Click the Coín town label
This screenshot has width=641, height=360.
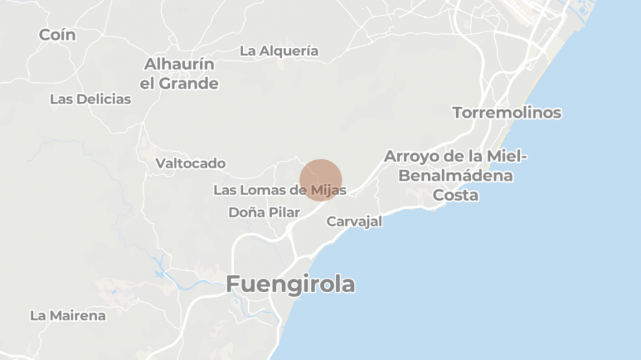click(x=57, y=35)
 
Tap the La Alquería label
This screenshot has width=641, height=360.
click(x=279, y=51)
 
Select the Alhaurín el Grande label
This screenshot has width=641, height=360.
click(x=179, y=74)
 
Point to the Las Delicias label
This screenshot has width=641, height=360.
click(x=90, y=99)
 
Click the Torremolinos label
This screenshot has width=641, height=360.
click(x=507, y=113)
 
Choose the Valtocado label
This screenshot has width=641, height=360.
click(x=190, y=164)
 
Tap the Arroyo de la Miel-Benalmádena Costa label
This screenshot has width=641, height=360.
click(x=456, y=175)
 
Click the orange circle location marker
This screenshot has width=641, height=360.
click(x=320, y=180)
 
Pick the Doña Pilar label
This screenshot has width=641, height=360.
click(x=264, y=212)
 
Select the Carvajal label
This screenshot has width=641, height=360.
click(x=354, y=222)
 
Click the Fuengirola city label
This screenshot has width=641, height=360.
click(x=290, y=284)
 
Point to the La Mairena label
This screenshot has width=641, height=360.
click(x=68, y=316)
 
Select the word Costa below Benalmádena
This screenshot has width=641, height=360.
click(x=456, y=195)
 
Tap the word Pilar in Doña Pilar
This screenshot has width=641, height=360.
click(x=284, y=212)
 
